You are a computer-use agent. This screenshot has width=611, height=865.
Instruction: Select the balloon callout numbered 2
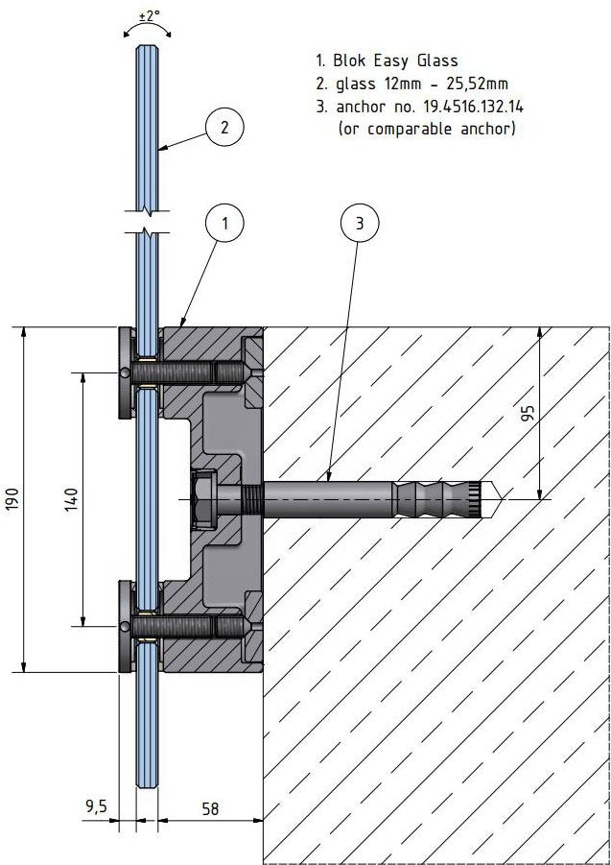pyautogui.click(x=223, y=126)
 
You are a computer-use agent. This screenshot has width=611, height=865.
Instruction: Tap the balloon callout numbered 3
pyautogui.click(x=360, y=225)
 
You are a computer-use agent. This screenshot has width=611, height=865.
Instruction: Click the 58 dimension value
pyautogui.click(x=209, y=809)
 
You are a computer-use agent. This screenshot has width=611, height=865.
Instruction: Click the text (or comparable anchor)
pyautogui.click(x=427, y=128)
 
